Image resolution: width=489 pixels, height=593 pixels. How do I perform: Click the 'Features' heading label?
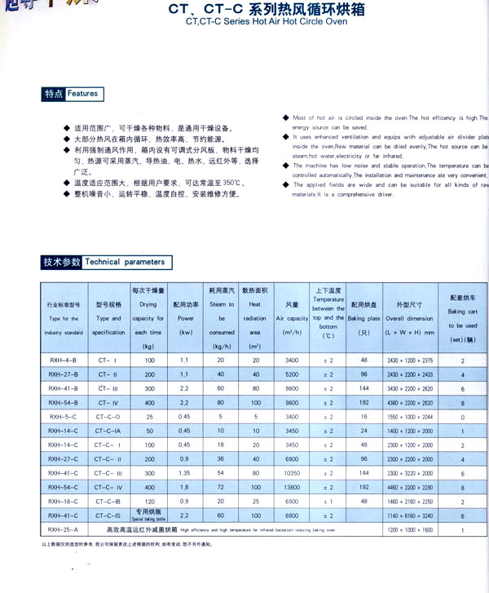click(83, 94)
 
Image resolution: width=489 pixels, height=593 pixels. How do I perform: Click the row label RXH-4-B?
click(64, 360)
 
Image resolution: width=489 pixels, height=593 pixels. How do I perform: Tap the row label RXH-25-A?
click(64, 530)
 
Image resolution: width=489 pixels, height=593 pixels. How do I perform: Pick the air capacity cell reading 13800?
click(293, 487)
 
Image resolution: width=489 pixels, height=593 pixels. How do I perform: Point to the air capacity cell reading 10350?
click(293, 473)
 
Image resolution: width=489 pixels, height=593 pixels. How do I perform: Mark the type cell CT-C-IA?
click(108, 431)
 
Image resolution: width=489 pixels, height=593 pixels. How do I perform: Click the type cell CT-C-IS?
click(108, 516)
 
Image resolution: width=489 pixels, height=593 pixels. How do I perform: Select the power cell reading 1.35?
click(184, 473)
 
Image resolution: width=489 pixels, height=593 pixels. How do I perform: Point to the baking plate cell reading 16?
click(363, 416)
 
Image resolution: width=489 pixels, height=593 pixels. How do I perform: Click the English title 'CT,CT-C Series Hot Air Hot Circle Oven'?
click(254, 22)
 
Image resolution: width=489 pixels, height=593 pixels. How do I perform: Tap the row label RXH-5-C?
click(64, 416)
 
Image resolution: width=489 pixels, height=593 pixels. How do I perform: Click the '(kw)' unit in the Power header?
click(184, 333)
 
